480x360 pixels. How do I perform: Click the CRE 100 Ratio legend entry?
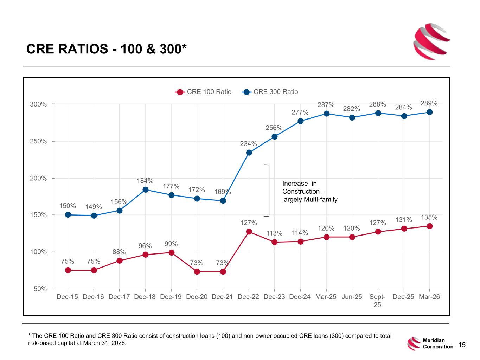203,92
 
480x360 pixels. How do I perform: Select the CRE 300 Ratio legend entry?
270,92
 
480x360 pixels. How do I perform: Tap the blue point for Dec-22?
249,153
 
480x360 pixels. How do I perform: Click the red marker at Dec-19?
172,253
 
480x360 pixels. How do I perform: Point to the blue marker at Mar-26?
429,112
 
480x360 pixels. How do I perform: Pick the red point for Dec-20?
197,272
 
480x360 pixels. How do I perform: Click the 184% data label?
145,181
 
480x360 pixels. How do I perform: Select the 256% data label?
274,128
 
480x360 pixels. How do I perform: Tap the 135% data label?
429,217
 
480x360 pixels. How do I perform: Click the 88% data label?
119,252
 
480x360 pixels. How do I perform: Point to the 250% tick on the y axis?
38,141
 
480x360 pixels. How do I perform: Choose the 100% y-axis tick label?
38,252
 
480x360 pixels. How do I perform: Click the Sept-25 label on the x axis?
377,301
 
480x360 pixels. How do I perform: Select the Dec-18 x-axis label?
145,297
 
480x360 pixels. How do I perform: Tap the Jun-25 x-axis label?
352,297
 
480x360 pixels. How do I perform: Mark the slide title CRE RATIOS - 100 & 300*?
106,49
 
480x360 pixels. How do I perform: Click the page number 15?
462,345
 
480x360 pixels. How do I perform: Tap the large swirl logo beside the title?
431,42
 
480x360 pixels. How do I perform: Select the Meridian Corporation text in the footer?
438,343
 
